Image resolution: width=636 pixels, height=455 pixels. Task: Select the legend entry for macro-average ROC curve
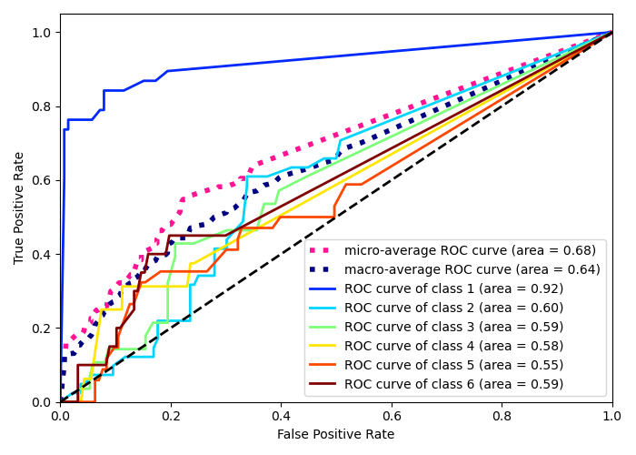point(472,269)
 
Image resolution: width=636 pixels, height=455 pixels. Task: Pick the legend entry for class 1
point(453,288)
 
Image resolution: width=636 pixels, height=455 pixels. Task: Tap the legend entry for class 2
point(453,308)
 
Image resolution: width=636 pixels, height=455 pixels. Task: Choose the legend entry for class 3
point(453,327)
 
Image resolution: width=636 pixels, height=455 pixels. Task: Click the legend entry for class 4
point(453,346)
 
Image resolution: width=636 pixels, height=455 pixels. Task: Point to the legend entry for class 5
point(453,365)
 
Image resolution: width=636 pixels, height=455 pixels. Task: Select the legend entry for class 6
point(453,384)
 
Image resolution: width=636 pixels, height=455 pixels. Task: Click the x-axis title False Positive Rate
point(336,435)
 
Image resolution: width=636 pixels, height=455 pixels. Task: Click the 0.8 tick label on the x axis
point(502,415)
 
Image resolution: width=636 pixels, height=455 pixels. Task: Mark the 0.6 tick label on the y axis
point(43,180)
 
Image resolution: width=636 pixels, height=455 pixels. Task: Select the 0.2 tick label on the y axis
point(43,329)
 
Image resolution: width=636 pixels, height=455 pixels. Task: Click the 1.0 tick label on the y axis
point(43,33)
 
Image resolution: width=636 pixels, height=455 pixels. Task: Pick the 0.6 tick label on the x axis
point(391,415)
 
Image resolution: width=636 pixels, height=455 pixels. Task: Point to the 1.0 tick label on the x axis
point(611,415)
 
